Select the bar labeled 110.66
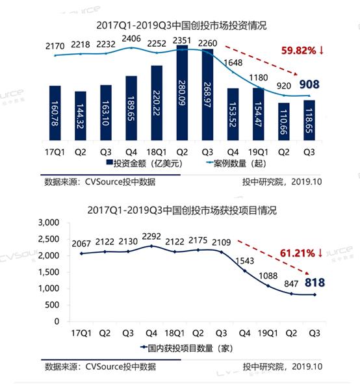click(x=283, y=130)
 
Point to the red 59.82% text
click(x=300, y=49)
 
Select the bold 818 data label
click(x=311, y=282)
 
